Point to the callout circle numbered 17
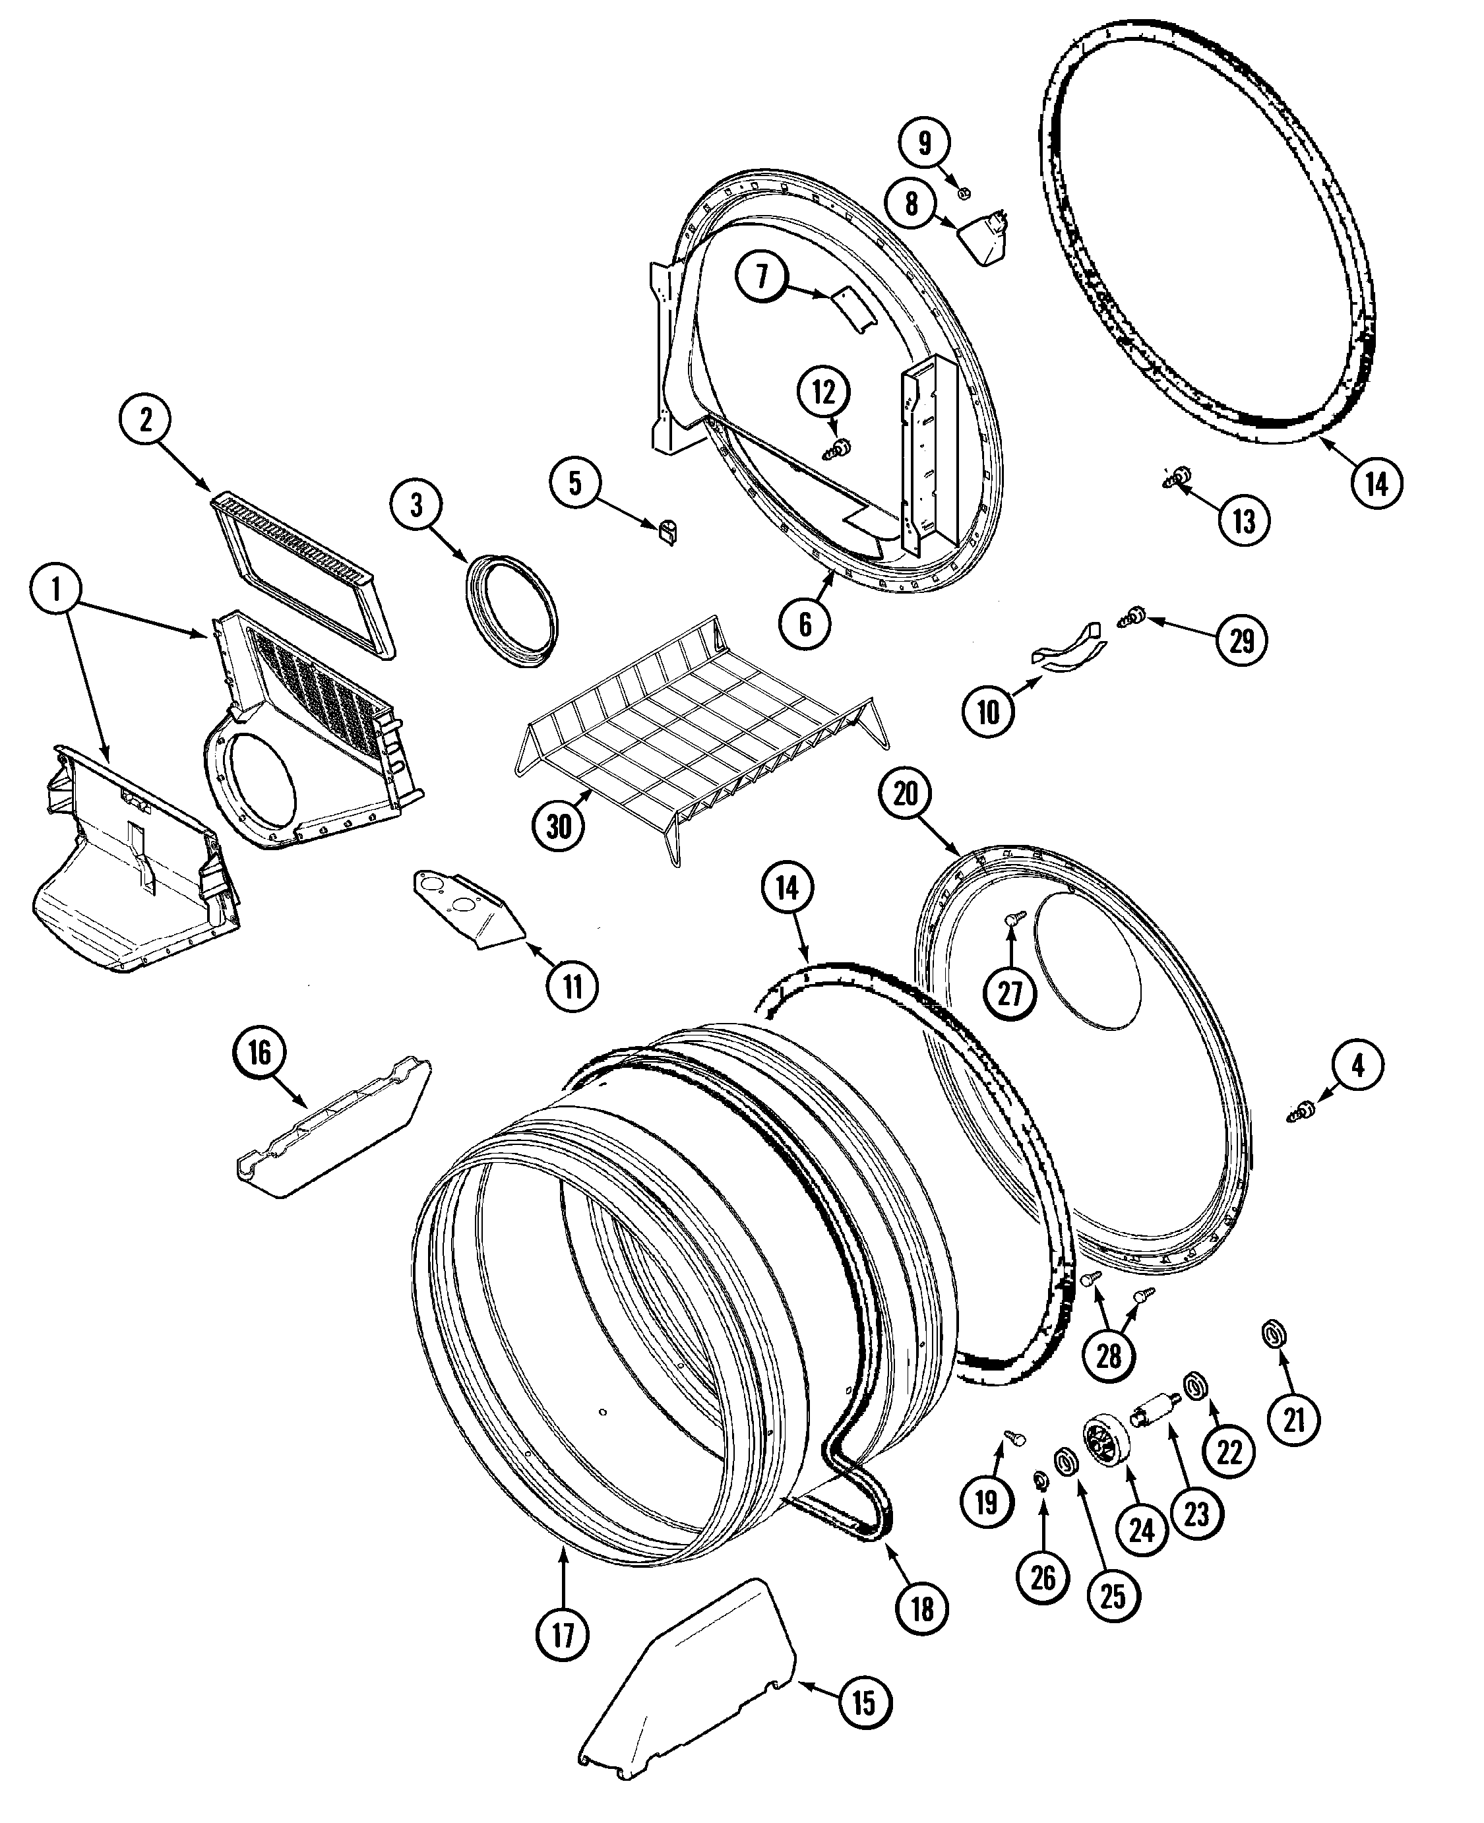tap(563, 1635)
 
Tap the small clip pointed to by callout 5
tap(667, 532)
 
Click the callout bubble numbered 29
tap(1241, 640)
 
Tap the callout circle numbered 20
tap(906, 794)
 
